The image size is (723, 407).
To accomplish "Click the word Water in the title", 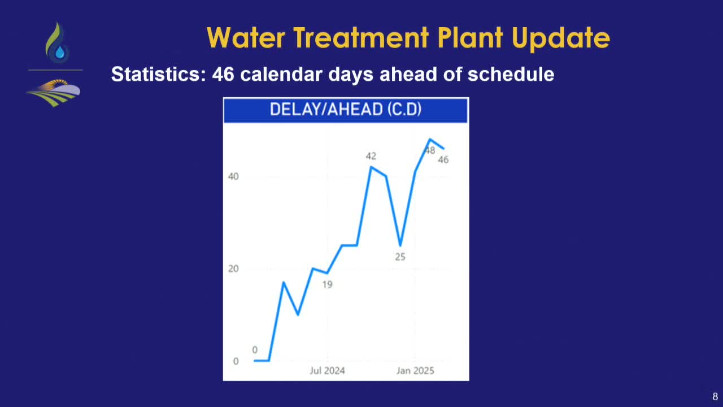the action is pyautogui.click(x=246, y=38).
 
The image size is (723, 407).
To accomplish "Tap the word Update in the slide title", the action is pyautogui.click(x=561, y=40).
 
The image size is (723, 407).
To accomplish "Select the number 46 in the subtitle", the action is pyautogui.click(x=223, y=74).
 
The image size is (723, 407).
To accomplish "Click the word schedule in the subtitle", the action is pyautogui.click(x=511, y=74).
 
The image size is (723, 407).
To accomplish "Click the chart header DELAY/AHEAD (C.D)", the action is pyautogui.click(x=345, y=110).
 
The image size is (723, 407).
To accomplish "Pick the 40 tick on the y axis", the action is pyautogui.click(x=233, y=176).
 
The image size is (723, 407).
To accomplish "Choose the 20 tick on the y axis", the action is pyautogui.click(x=233, y=269).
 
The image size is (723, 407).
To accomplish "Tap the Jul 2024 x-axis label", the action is pyautogui.click(x=327, y=370).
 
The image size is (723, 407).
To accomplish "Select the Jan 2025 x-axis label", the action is pyautogui.click(x=415, y=370).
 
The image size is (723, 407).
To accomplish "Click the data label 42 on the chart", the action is pyautogui.click(x=371, y=157).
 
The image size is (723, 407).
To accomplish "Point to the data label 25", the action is pyautogui.click(x=400, y=257).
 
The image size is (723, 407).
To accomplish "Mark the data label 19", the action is pyautogui.click(x=327, y=284).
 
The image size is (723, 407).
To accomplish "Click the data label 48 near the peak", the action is pyautogui.click(x=430, y=150).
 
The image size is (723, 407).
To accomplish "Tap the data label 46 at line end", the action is pyautogui.click(x=443, y=159).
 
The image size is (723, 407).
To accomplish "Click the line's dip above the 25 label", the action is pyautogui.click(x=400, y=245).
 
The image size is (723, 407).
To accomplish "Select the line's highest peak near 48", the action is pyautogui.click(x=430, y=140).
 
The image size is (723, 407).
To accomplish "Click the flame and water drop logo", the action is pyautogui.click(x=58, y=42).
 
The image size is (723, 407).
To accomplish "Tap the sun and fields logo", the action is pyautogui.click(x=54, y=93).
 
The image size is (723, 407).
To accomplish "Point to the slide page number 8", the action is pyautogui.click(x=715, y=397).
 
